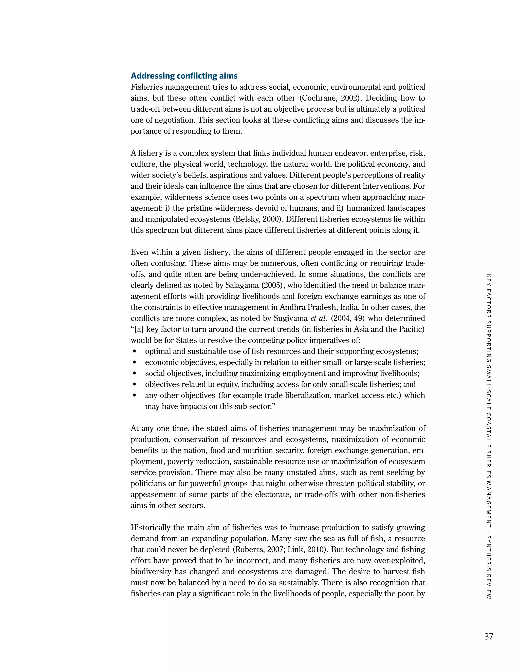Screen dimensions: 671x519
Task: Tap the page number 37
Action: (489, 636)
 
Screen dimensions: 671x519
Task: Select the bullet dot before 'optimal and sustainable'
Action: (134, 351)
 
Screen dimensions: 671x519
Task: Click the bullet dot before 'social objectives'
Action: (134, 373)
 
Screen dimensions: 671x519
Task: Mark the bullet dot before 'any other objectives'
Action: (134, 396)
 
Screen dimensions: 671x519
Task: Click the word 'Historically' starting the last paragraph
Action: (151, 527)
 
